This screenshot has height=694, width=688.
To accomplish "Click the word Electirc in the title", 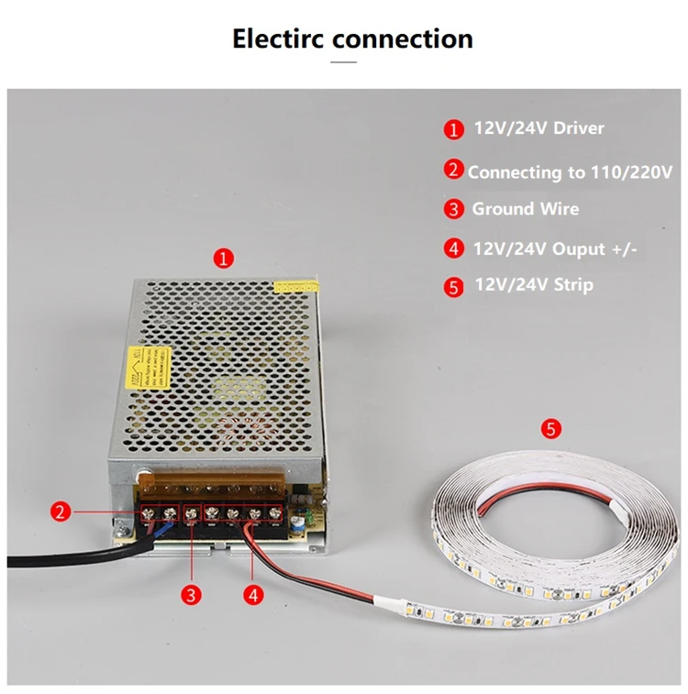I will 278,39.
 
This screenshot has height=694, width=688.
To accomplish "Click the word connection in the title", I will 403,39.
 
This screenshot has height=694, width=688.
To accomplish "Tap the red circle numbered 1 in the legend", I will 454,129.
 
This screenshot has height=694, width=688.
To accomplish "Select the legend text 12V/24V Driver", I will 538,128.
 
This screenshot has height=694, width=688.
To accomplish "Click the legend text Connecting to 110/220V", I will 570,171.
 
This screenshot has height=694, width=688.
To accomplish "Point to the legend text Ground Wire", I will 525,209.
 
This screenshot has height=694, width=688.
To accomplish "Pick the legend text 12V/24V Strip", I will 533,285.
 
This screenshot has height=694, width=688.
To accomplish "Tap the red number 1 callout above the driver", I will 224,258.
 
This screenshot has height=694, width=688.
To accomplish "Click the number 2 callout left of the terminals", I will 61,512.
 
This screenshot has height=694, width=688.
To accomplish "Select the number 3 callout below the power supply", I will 191,594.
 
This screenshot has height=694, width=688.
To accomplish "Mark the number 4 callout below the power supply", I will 254,594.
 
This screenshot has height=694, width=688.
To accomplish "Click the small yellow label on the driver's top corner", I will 294,286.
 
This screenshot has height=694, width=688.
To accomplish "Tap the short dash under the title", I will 343,62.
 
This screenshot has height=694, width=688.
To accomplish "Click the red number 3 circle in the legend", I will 454,209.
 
